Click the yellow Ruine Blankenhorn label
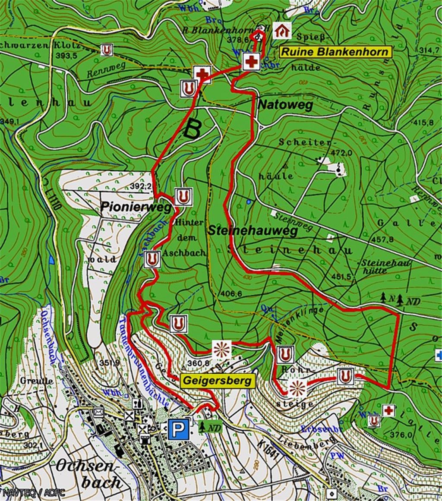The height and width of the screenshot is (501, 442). [x=335, y=52]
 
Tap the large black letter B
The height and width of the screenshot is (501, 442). [x=193, y=128]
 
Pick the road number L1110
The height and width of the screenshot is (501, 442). [x=55, y=202]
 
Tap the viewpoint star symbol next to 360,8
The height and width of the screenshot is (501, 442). [x=223, y=348]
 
